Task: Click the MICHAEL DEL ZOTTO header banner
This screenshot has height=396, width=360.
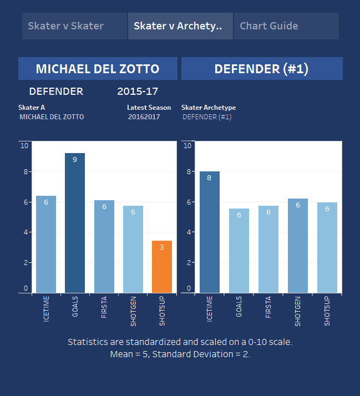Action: point(98,69)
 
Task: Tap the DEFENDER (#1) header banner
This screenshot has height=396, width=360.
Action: point(261,69)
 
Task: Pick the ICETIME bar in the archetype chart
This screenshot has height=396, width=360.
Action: point(210,232)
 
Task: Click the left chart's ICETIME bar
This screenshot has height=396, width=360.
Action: point(46,244)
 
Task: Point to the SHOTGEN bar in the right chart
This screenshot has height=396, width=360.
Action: point(298,245)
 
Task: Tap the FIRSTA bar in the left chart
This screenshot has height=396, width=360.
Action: point(104,246)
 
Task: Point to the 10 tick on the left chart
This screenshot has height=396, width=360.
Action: point(24,146)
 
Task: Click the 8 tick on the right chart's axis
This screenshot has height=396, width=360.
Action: point(187,171)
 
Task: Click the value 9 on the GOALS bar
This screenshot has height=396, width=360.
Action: point(75,160)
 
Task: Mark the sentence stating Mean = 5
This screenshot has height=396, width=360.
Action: point(180,354)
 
